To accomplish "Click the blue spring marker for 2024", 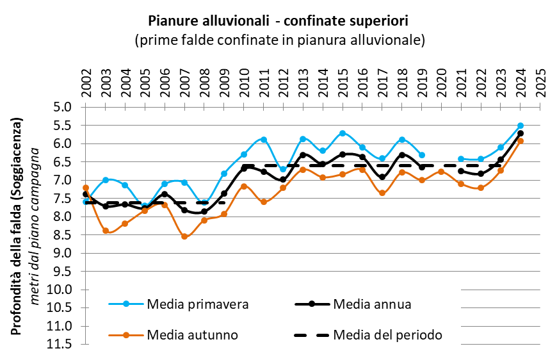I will pos(521,126).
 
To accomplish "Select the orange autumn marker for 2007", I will pos(184,236).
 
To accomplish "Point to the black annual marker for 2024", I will pos(521,133).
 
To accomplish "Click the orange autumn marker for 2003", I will pos(106,231).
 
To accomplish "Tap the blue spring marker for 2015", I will pos(343,133).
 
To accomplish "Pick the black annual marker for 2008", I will pos(204,211).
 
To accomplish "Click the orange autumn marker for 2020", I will pos(441,172).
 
